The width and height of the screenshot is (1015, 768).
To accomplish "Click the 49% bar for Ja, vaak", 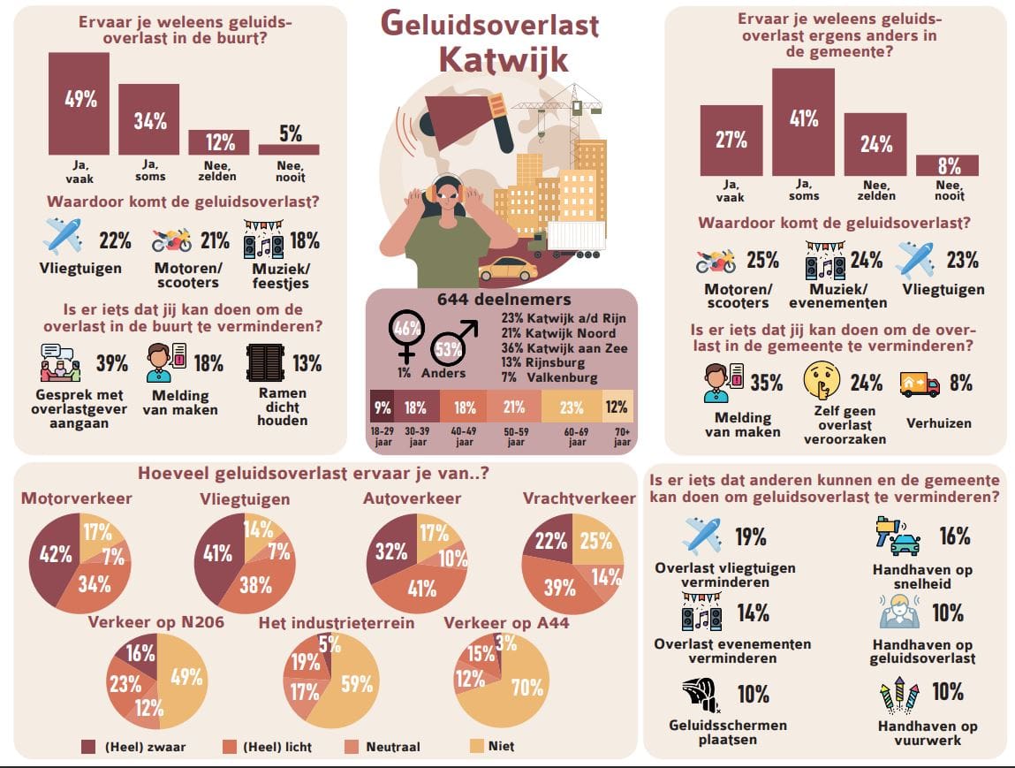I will click(79, 104).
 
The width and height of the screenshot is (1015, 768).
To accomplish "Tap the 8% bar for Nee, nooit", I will click(947, 165).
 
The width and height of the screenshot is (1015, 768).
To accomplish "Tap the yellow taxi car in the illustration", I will click(508, 268).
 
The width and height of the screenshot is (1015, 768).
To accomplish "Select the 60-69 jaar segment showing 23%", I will click(571, 407).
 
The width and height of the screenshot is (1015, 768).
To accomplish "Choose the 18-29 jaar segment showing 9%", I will click(383, 407).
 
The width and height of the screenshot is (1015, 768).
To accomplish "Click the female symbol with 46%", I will click(406, 333).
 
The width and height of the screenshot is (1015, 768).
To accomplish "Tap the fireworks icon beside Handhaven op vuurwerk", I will click(900, 695).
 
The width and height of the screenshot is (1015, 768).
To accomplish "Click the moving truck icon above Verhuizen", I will click(919, 383).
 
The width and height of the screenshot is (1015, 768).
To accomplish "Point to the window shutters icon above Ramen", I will click(264, 363).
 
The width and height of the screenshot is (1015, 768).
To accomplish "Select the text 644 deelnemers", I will click(504, 300).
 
